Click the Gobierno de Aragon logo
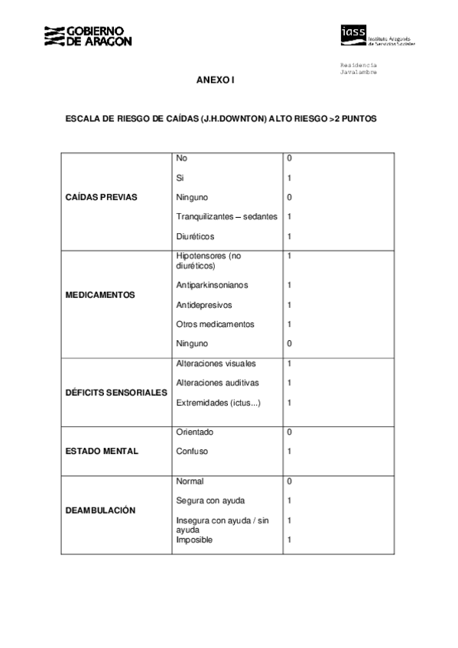click(x=87, y=35)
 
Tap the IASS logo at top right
click(x=377, y=35)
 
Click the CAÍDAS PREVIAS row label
click(x=102, y=197)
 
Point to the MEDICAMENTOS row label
click(x=101, y=295)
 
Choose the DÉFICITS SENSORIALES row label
click(x=116, y=392)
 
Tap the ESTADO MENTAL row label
click(x=102, y=451)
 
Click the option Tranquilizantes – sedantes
click(x=226, y=217)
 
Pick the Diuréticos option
click(x=196, y=237)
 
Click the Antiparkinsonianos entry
click(x=212, y=285)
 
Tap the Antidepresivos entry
click(x=203, y=305)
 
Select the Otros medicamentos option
click(x=215, y=325)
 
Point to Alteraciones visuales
click(x=216, y=364)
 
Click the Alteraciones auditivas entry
click(x=217, y=383)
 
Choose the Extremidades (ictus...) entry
click(x=218, y=403)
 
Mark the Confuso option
click(x=192, y=452)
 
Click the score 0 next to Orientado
click(x=290, y=433)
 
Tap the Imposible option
click(x=194, y=540)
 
